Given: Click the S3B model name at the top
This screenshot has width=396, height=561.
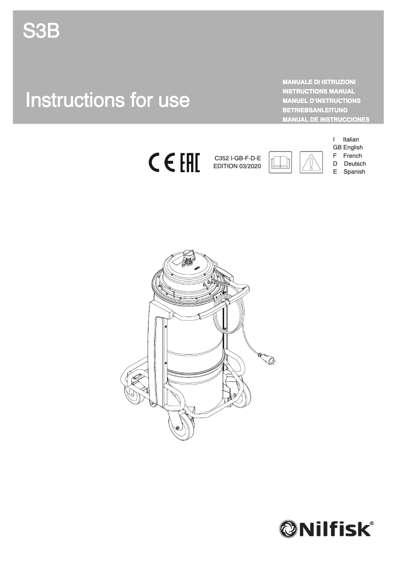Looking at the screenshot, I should (41, 32).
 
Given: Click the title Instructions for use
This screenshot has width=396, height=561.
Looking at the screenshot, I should (108, 100).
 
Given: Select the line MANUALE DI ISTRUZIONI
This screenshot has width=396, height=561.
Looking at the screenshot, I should (319, 81).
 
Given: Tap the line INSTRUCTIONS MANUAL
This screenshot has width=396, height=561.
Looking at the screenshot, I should (318, 91).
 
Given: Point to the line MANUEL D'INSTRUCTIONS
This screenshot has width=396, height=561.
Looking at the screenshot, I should (321, 100).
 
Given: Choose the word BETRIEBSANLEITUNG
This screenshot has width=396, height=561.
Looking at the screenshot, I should (315, 110).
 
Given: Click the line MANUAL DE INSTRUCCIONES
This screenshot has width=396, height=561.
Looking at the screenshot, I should (326, 120).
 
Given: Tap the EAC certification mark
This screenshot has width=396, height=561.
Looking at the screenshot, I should (189, 163).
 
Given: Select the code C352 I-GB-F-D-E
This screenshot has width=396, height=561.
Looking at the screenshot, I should (237, 158).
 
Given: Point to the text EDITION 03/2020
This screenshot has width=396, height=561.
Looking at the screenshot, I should (237, 166).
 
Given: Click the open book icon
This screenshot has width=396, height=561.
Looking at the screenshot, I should (280, 163).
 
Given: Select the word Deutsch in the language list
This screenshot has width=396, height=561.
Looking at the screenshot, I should (355, 164).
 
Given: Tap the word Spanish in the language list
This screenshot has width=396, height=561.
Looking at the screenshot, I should (354, 172).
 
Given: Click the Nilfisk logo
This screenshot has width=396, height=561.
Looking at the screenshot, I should (326, 529).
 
